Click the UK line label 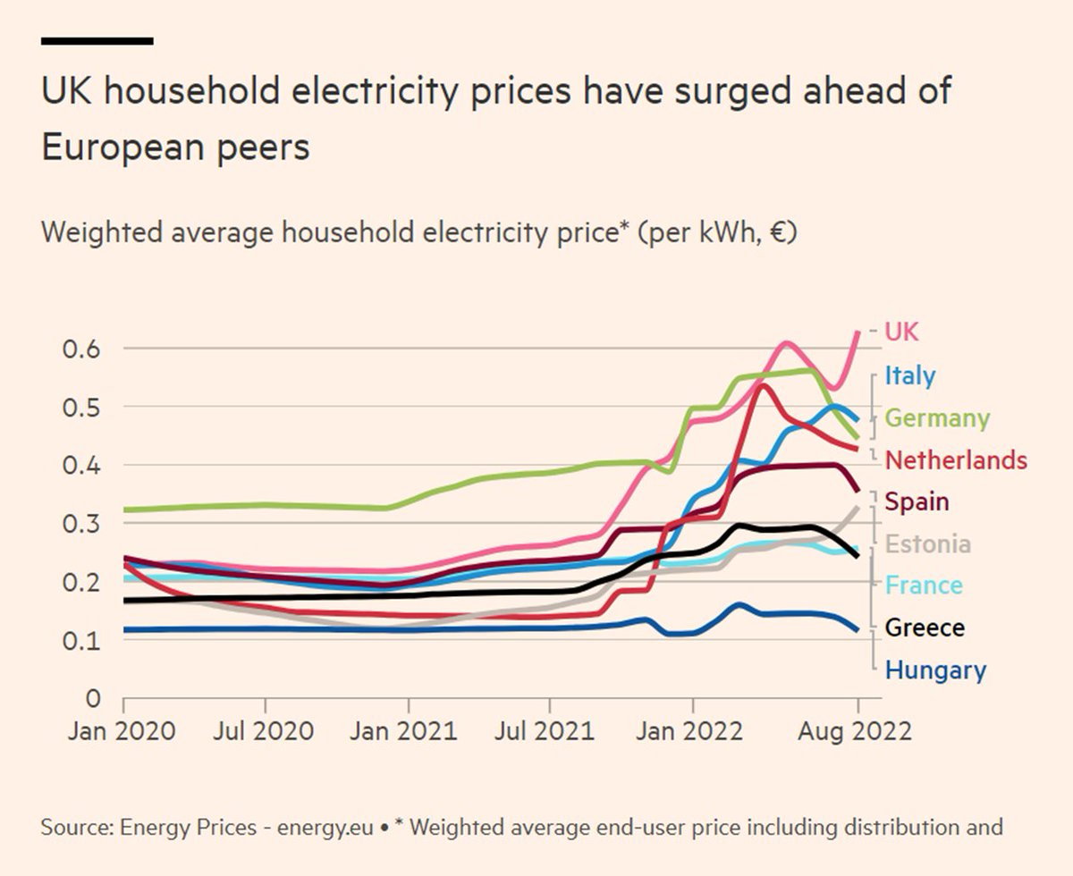click(x=901, y=332)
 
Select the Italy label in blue click(x=909, y=375)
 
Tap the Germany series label click(x=937, y=417)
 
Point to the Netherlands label click(x=955, y=460)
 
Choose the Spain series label click(x=917, y=501)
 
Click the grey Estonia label click(x=927, y=543)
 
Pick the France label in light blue click(x=924, y=585)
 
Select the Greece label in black click(x=925, y=628)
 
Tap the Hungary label click(x=935, y=670)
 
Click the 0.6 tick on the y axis click(x=80, y=349)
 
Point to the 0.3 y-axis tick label click(x=80, y=523)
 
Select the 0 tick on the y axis click(x=92, y=697)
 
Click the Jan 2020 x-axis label click(x=123, y=730)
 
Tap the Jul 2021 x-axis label click(x=545, y=730)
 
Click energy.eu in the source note click(x=326, y=827)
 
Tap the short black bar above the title click(x=97, y=40)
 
